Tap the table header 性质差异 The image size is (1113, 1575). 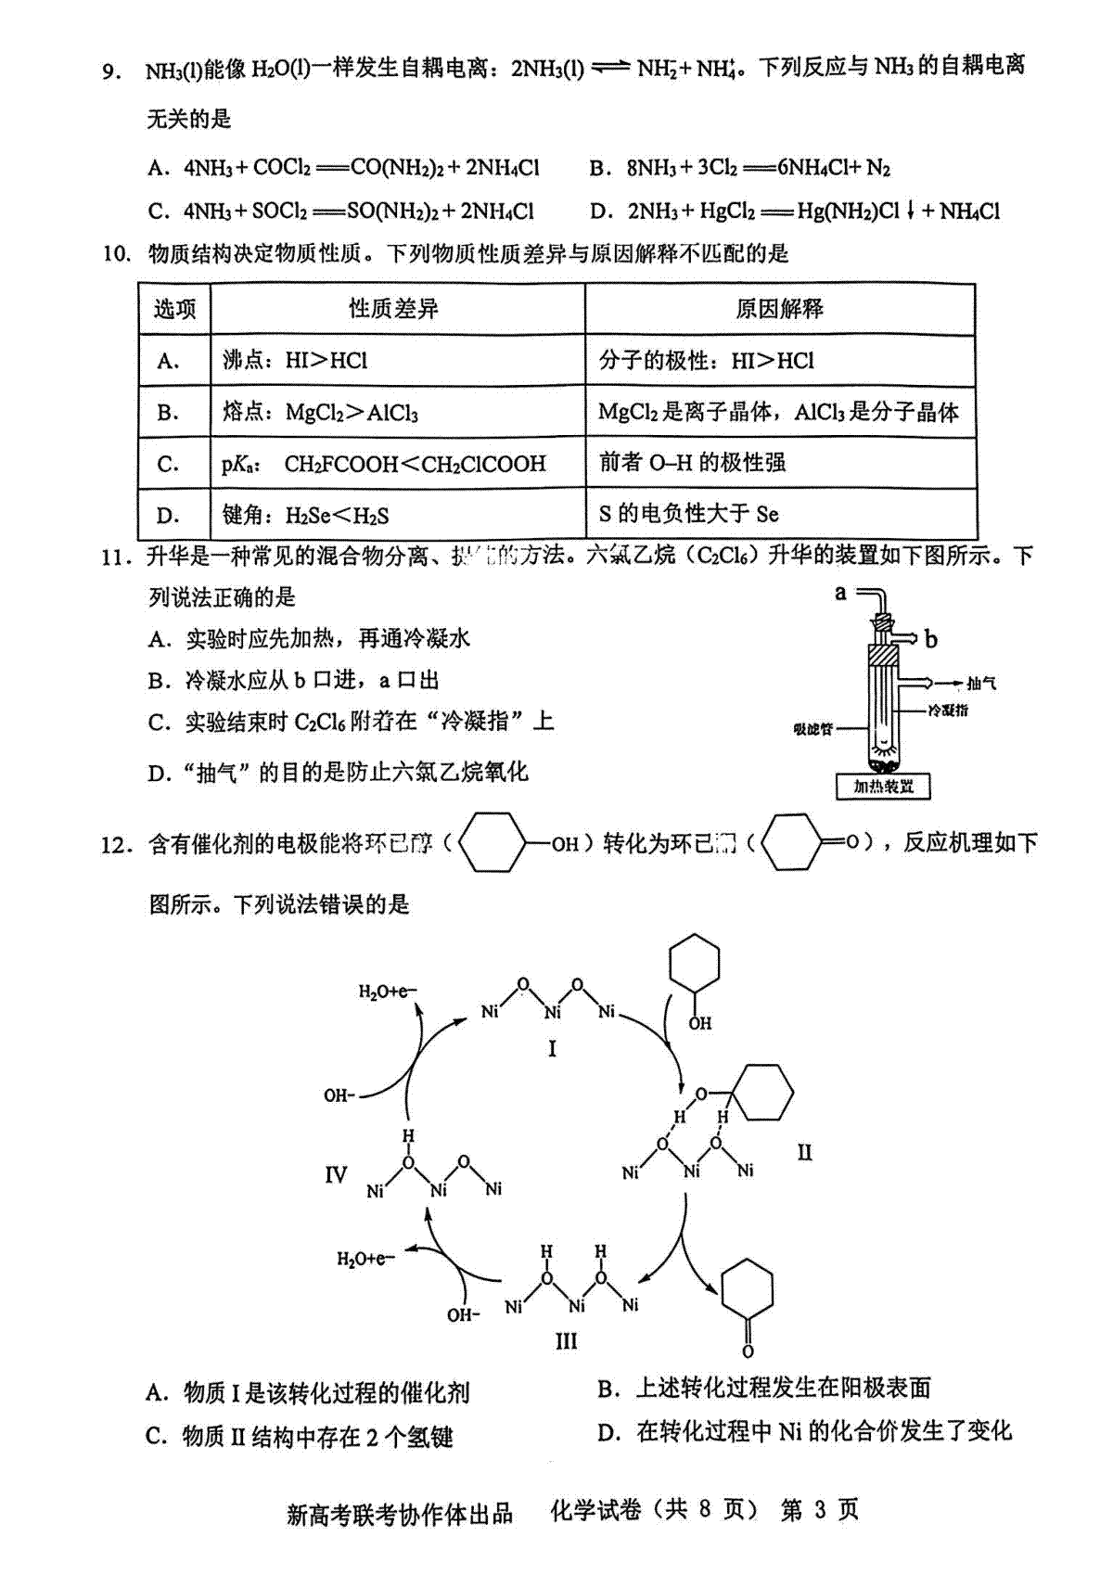coord(394,309)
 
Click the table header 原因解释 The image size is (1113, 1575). coord(779,309)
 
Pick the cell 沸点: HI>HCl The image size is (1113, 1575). coord(295,361)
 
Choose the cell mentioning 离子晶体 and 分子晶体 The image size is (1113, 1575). coord(778,412)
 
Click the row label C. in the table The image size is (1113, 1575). coord(169,464)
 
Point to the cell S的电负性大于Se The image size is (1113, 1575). coord(689,515)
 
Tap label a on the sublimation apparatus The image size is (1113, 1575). coord(841,592)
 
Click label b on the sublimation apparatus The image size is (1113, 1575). coord(931,639)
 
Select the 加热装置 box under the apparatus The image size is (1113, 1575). coord(883,787)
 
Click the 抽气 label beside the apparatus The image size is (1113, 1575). coord(980,684)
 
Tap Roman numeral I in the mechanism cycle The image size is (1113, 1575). coord(553,1049)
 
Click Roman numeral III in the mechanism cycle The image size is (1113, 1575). coord(566,1341)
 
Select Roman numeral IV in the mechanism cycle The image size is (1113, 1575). coord(336,1175)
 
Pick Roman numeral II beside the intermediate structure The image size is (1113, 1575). coord(804,1153)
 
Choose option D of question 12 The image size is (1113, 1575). coord(804,1431)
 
